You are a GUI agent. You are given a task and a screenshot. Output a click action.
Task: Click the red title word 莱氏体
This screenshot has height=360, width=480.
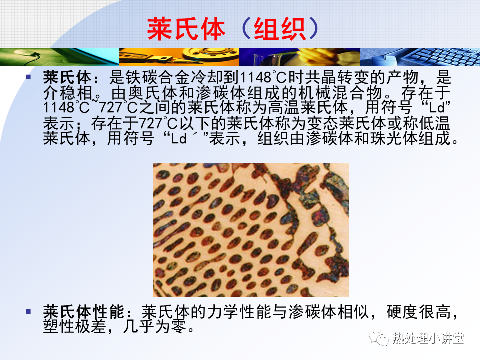click(186, 29)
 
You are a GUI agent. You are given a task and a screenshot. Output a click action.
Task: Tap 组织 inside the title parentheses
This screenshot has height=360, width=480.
click(280, 29)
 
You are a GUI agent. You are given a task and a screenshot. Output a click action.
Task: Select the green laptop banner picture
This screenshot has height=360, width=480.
click(59, 57)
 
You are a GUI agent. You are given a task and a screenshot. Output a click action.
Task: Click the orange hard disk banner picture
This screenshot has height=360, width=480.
click(179, 57)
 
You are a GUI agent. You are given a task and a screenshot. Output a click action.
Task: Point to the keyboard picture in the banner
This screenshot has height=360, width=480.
click(420, 57)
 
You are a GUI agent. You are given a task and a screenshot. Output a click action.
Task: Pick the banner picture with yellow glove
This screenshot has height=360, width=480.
click(299, 57)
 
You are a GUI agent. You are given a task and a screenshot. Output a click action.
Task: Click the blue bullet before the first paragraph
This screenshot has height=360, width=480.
click(29, 77)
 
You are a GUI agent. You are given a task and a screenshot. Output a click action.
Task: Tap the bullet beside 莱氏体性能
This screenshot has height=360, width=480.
click(29, 312)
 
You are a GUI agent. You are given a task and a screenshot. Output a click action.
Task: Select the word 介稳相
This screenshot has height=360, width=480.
click(68, 93)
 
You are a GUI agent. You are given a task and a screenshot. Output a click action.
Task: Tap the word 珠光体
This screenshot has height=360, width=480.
click(394, 138)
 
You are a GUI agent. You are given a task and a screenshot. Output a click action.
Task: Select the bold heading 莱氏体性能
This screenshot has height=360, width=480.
click(83, 312)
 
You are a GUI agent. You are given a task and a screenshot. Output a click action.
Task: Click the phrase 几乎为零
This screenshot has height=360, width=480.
click(154, 326)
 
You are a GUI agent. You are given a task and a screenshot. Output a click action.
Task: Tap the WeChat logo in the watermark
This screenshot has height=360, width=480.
click(379, 338)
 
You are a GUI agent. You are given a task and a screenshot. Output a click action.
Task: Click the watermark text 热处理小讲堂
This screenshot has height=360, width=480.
click(428, 338)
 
